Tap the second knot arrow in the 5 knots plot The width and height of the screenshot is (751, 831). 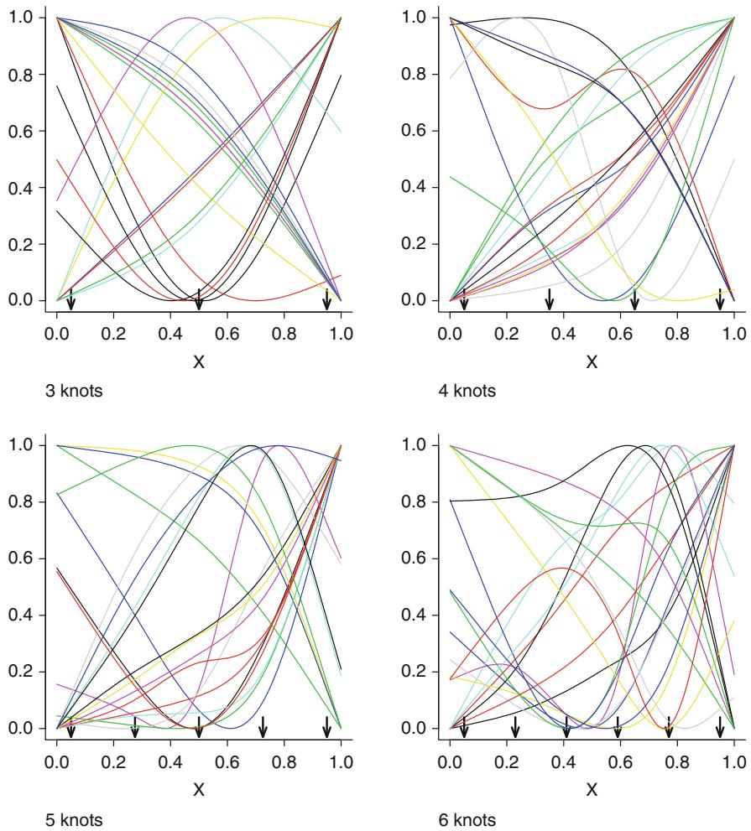(135, 727)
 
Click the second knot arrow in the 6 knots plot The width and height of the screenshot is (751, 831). (515, 727)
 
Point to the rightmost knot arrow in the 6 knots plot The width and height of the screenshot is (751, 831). (719, 727)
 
